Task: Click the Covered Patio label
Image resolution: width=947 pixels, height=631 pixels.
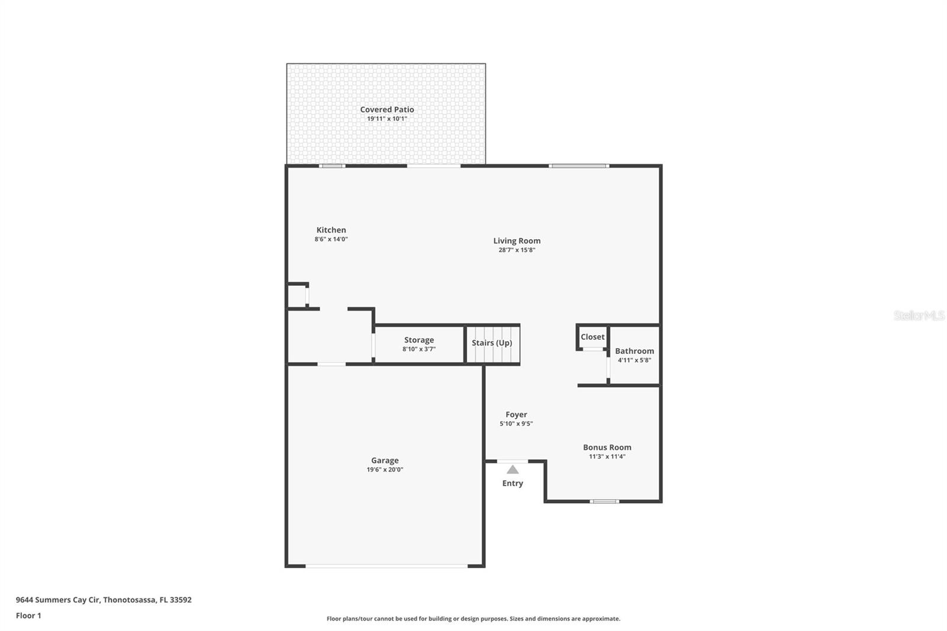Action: [x=386, y=110]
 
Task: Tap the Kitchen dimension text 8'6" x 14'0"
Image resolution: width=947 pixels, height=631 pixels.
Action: [x=331, y=239]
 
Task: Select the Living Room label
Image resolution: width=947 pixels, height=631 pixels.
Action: [x=517, y=241]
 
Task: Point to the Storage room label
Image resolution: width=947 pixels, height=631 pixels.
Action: [x=419, y=340]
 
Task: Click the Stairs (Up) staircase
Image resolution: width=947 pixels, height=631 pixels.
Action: [x=492, y=344]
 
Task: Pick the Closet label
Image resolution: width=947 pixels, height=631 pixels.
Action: [x=592, y=337]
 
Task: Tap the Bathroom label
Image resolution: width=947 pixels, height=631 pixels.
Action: [x=634, y=351]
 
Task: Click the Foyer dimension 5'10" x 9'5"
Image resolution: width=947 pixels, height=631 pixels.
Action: [x=516, y=424]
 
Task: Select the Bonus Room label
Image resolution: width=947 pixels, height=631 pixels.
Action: [x=607, y=448]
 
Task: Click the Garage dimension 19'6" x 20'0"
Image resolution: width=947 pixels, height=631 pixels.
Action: [x=385, y=469]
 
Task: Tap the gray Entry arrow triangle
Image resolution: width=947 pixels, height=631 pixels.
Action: [x=513, y=470]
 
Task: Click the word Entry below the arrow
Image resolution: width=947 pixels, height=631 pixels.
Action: [x=513, y=484]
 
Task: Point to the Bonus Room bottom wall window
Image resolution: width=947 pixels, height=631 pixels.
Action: [x=604, y=501]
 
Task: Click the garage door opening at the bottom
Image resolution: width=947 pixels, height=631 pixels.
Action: [x=386, y=566]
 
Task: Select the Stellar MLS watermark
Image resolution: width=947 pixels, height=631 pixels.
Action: [x=919, y=315]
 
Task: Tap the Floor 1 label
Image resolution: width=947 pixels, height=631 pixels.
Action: [x=28, y=616]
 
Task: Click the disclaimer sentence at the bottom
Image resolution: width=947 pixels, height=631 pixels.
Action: [x=473, y=619]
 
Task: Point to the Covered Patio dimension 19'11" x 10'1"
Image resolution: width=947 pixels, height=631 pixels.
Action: [x=386, y=119]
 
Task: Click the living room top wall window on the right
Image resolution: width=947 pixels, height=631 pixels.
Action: [x=579, y=166]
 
